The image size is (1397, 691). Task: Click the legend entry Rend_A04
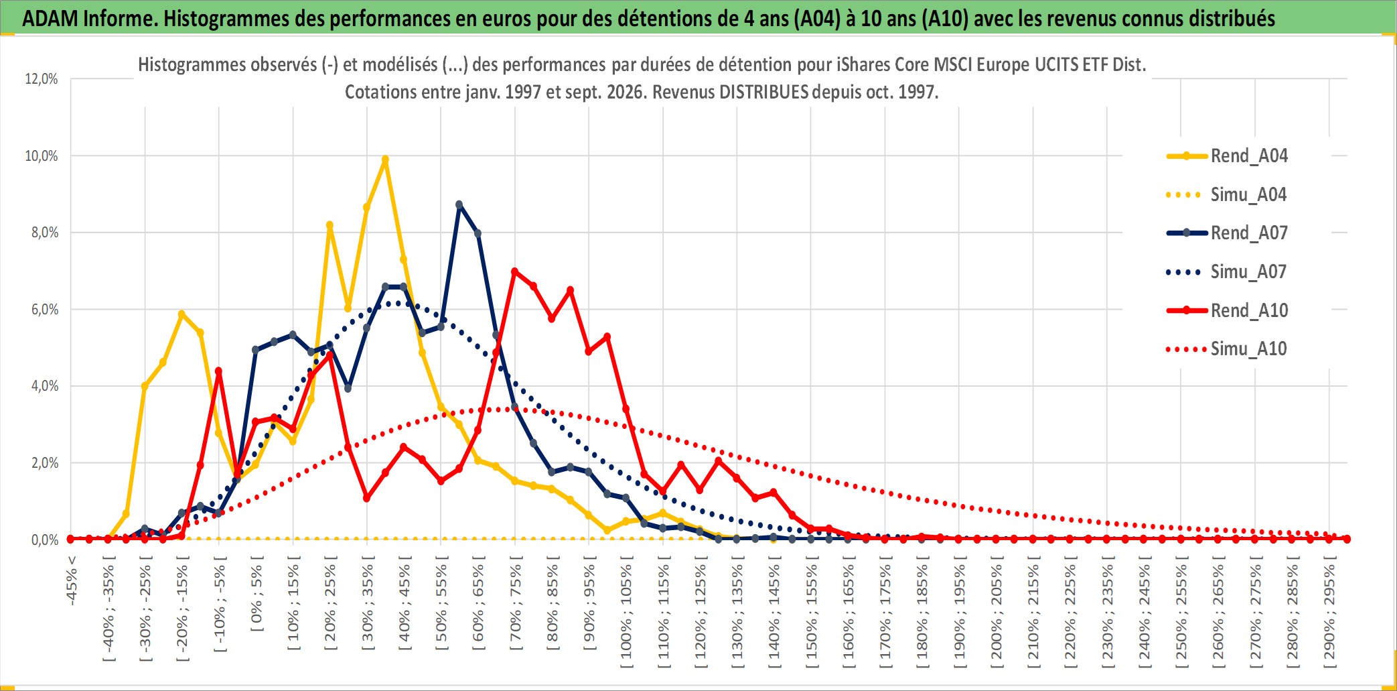coord(1227,156)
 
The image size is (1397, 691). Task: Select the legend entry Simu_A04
coord(1227,195)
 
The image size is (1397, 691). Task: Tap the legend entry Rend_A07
coord(1227,233)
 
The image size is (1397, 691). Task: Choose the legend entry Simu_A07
coord(1227,272)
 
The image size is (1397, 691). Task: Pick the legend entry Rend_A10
coord(1227,310)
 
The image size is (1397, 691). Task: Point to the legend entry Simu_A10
coord(1227,349)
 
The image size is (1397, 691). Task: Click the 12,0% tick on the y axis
coord(42,79)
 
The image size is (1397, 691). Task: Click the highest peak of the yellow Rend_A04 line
coord(385,160)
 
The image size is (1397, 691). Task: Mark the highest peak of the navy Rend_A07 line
coord(459,204)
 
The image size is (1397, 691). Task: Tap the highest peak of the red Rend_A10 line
coord(514,271)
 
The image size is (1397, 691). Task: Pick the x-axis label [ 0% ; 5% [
coord(256,594)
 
